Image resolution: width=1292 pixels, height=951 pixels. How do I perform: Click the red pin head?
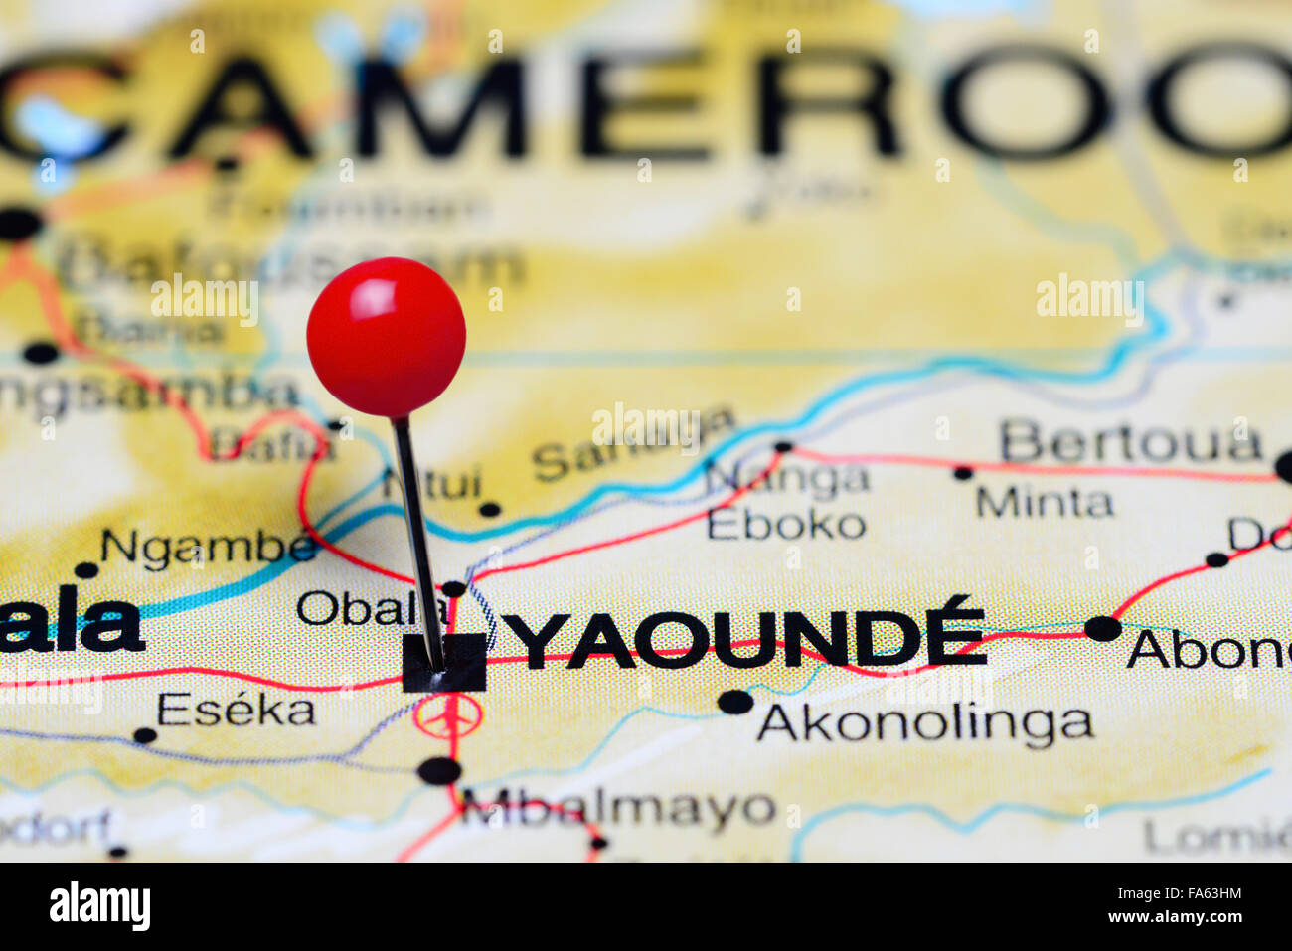coord(386,337)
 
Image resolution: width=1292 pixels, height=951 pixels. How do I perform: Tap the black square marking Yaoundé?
coord(444,663)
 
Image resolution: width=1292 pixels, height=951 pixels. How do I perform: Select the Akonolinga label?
coord(924,724)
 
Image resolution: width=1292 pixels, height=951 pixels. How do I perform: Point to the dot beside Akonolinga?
coord(735,702)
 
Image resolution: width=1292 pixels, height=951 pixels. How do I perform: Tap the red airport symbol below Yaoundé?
coord(448,715)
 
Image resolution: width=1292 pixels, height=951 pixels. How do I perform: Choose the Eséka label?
coord(236,710)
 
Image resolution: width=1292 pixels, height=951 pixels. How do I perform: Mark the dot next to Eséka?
coord(145,735)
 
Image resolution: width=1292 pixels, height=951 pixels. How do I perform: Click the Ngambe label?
coord(209,547)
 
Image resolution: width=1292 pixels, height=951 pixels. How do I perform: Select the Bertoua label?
coord(1130,442)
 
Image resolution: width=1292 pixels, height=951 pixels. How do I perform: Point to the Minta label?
coord(1044,502)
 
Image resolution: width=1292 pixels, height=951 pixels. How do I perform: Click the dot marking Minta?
coord(962,473)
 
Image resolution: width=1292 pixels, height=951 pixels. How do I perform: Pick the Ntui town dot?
coord(489,510)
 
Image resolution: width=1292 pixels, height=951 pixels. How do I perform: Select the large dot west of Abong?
coord(1102,628)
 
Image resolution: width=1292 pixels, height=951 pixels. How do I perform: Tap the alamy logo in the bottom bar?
coord(99,906)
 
